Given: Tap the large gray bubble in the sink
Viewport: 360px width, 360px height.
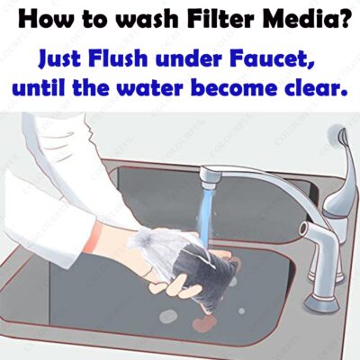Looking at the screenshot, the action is point(168,317).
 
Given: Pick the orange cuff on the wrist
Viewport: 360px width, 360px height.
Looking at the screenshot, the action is point(91,238).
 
